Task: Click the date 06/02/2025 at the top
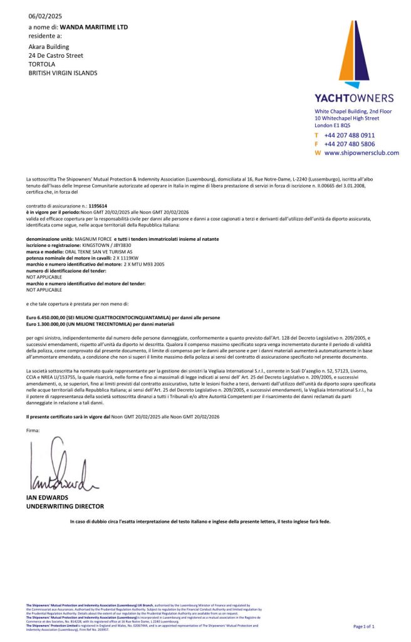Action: pos(45,16)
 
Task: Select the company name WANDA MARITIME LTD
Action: pos(93,28)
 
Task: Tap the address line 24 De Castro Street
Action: pos(56,55)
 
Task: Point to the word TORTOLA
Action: pos(42,64)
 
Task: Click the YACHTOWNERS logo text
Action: pos(354,98)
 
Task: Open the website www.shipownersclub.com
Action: pos(361,152)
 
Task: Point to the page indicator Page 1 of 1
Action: pos(364,626)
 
